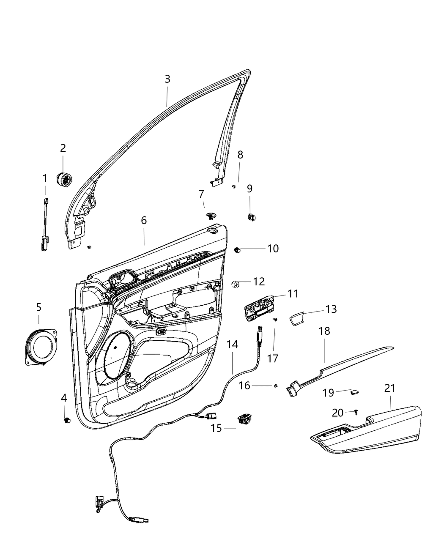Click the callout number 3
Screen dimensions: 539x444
point(167,79)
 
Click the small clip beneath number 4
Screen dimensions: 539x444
point(66,420)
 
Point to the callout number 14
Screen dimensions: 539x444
point(232,345)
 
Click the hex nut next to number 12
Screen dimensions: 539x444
point(236,284)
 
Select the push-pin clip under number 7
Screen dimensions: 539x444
point(210,216)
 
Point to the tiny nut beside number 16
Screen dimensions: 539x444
point(276,385)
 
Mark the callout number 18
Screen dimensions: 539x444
point(324,331)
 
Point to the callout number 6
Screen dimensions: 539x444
point(144,220)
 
